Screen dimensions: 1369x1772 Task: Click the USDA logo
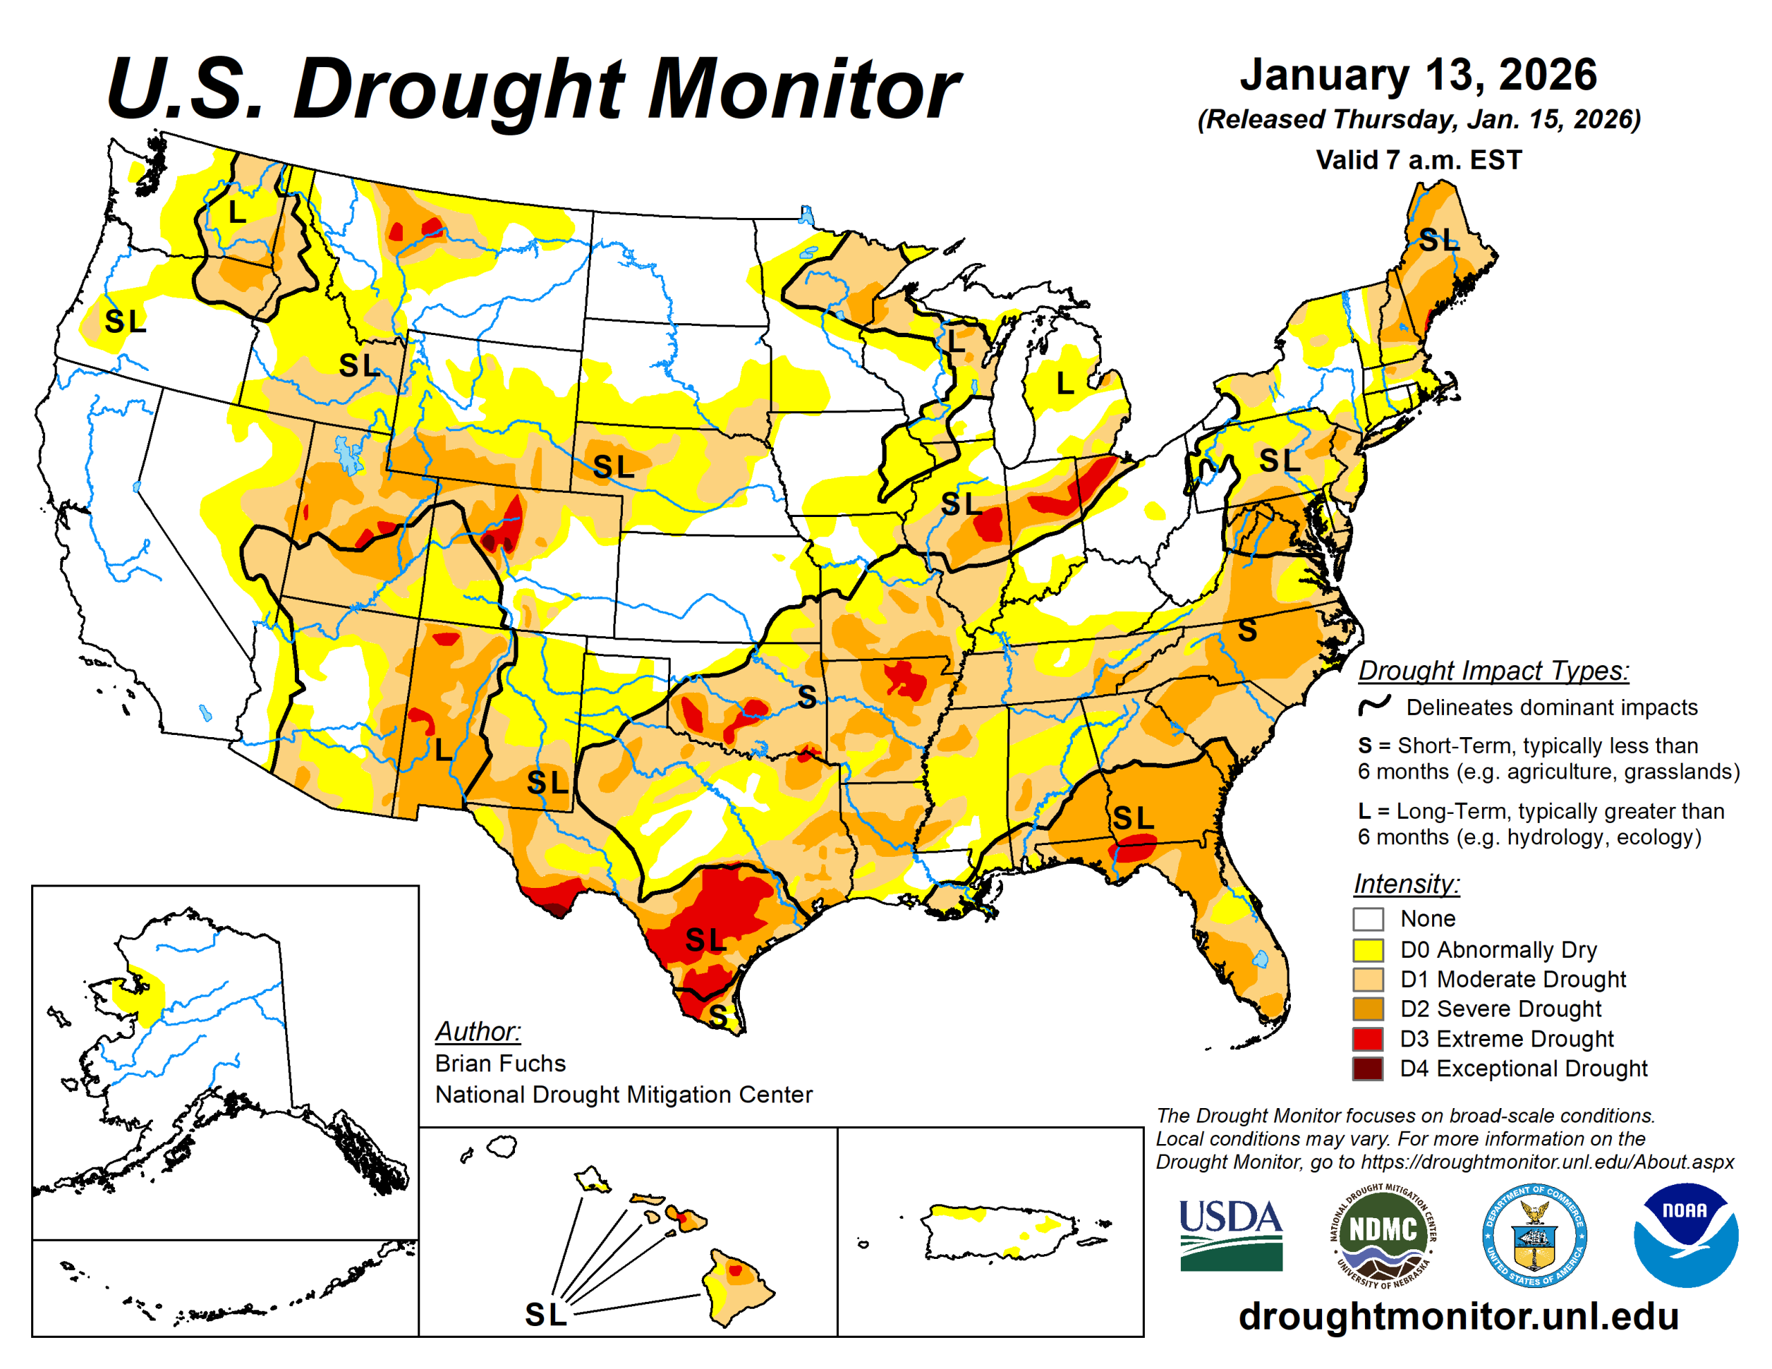coord(1230,1234)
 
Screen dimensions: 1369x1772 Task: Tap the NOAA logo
coord(1685,1234)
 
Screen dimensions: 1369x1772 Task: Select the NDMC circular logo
coord(1382,1234)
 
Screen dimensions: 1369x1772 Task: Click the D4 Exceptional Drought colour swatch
coord(1367,1068)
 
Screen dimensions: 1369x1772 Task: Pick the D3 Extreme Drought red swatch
coord(1367,1038)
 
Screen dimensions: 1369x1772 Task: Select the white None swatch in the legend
coord(1367,918)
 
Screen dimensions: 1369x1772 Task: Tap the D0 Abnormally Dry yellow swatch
coord(1367,949)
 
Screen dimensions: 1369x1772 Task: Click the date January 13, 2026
coord(1418,75)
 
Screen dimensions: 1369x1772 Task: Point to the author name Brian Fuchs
coord(500,1063)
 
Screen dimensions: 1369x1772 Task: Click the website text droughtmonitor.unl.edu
coord(1458,1316)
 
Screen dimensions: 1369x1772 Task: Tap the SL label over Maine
coord(1438,240)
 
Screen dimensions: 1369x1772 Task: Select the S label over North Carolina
coord(1247,631)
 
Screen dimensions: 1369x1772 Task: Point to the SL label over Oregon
coord(125,321)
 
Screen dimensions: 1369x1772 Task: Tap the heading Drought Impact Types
coord(1493,670)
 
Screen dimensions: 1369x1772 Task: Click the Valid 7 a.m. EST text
coord(1418,160)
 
